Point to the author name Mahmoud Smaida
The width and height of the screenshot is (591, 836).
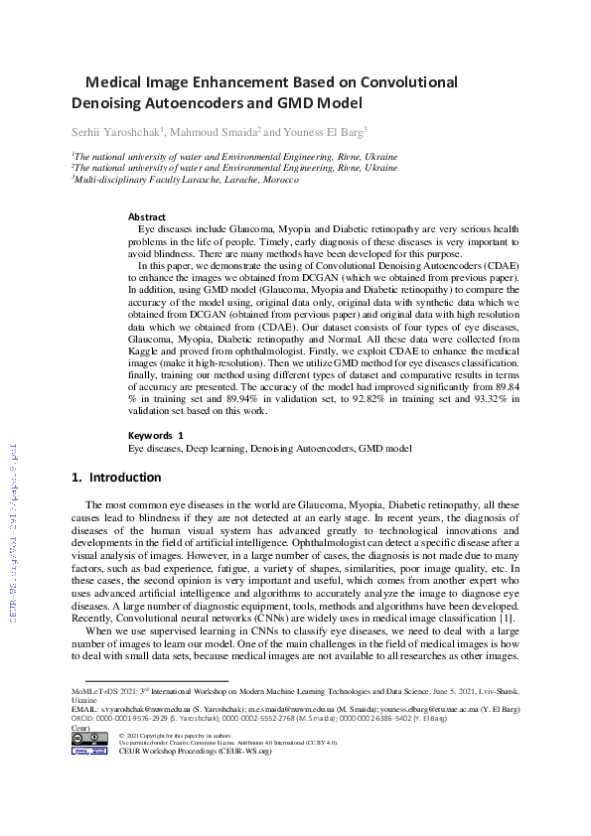pos(214,131)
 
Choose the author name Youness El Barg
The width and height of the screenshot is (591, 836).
pos(322,131)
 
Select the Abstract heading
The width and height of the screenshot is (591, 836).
pos(147,216)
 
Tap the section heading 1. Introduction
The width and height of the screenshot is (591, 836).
pos(117,478)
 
